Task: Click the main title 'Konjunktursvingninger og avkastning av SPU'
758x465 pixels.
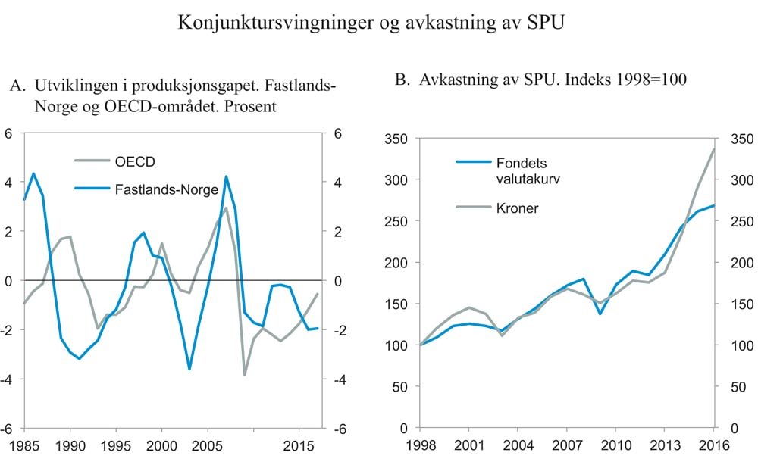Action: (x=372, y=23)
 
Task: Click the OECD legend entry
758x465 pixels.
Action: (x=137, y=161)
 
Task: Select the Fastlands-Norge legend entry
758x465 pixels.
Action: (x=166, y=189)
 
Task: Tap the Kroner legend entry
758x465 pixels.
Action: (x=517, y=208)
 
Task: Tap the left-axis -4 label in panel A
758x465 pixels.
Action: (x=11, y=379)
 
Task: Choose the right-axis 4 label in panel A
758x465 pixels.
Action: (x=337, y=183)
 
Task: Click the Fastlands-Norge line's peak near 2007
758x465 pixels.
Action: (x=226, y=176)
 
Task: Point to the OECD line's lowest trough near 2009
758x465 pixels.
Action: (x=245, y=374)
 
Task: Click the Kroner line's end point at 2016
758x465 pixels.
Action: (x=714, y=149)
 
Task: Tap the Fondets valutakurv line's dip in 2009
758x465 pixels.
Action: (x=600, y=314)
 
